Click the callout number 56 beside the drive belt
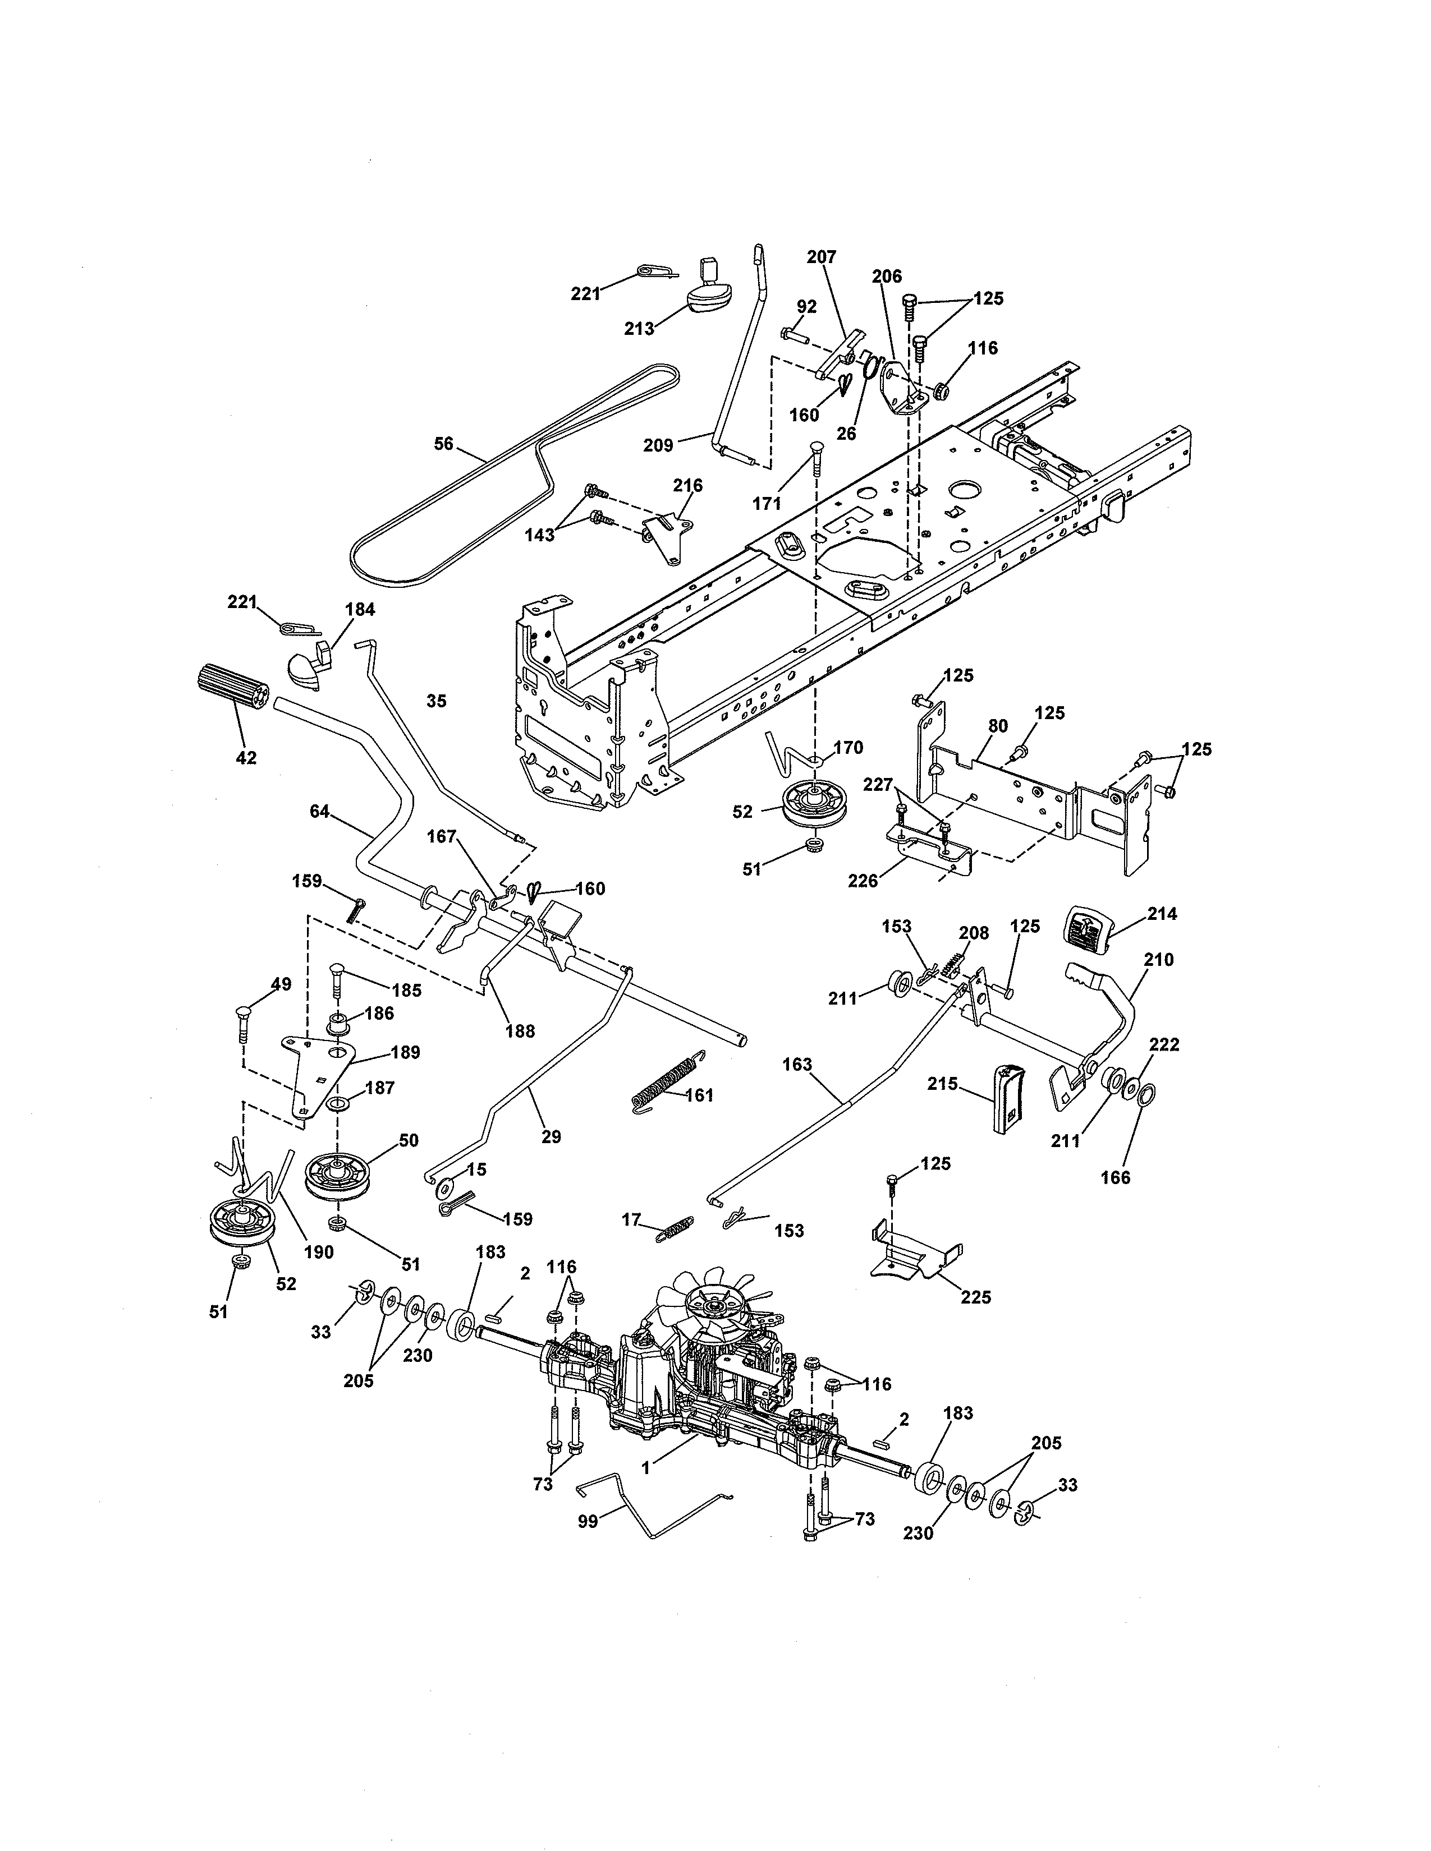(x=443, y=443)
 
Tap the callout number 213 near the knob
(x=639, y=328)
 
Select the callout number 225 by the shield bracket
(x=976, y=1297)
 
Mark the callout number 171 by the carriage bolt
(x=767, y=504)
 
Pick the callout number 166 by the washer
(x=1115, y=1177)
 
